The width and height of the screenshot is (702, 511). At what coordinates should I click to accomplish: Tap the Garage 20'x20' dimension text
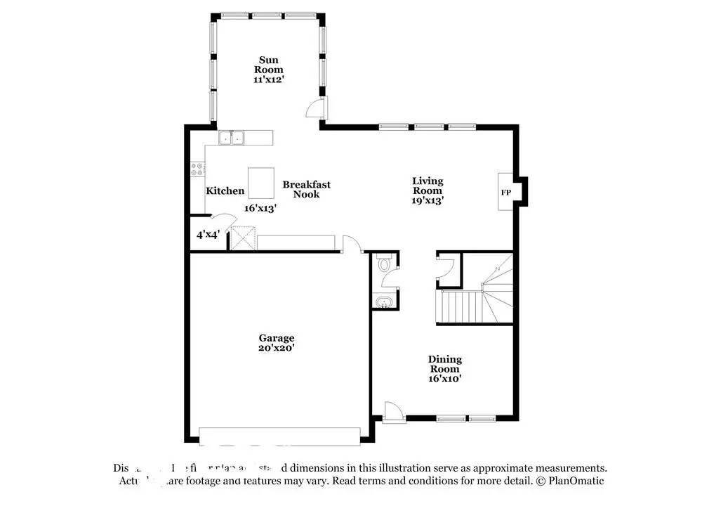(276, 348)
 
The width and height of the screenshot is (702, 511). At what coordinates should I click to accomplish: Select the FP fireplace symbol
(505, 192)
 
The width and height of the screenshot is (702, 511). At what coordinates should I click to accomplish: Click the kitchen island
(260, 183)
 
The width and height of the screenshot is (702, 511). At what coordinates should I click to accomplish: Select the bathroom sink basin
(383, 302)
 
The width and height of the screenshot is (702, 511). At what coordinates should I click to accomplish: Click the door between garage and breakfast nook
(350, 244)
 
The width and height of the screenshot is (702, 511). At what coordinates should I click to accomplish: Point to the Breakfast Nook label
(306, 189)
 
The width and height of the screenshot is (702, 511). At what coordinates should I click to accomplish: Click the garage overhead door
(279, 436)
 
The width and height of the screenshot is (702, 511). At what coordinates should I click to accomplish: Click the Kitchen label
(225, 190)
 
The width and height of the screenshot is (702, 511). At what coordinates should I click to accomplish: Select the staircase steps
(459, 307)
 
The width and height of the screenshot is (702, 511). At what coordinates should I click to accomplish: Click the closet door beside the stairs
(445, 267)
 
